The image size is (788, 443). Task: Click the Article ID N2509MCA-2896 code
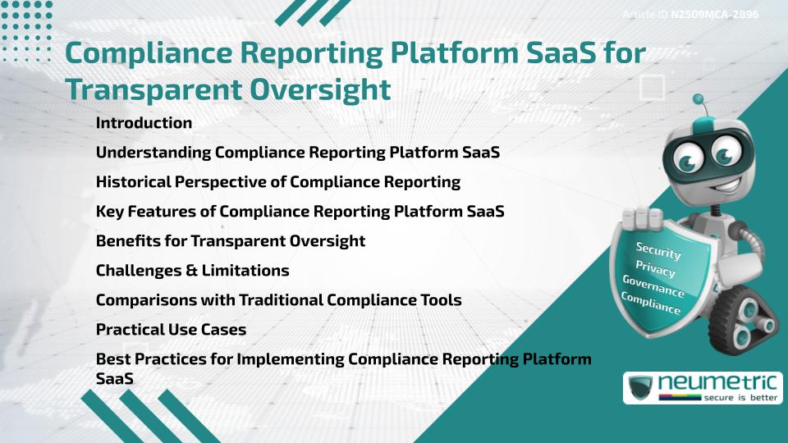[713, 15]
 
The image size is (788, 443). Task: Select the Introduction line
[144, 123]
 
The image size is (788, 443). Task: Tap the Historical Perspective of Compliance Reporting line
[277, 182]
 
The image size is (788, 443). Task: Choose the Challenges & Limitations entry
[192, 270]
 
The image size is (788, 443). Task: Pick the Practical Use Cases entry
[171, 330]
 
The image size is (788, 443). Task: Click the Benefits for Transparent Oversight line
[230, 241]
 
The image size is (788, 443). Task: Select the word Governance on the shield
[653, 286]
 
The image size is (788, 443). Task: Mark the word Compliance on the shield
[651, 304]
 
